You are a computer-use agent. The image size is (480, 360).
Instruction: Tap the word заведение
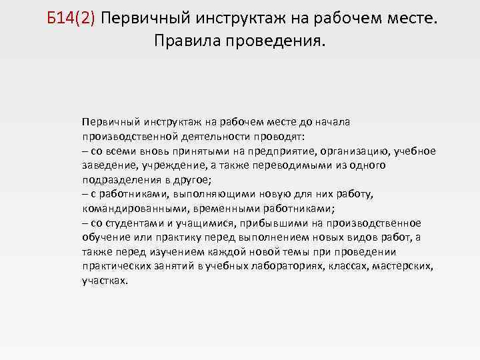pos(107,165)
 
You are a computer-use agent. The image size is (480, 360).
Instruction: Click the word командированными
pos(126,208)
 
